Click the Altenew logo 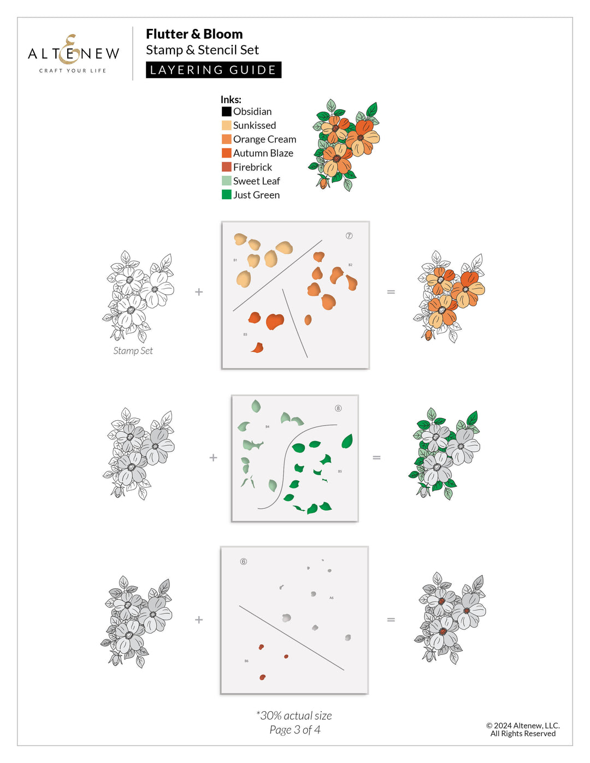(x=73, y=53)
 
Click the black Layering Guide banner (x=214, y=70)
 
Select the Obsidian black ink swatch (x=226, y=111)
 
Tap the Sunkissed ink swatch (x=226, y=126)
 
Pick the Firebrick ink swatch (x=226, y=167)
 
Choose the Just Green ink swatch (x=226, y=195)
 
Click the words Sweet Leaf (x=256, y=181)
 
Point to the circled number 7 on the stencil (x=349, y=236)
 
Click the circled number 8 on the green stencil (x=338, y=408)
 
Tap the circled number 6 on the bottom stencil (x=244, y=562)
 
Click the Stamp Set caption (x=133, y=351)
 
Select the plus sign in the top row (x=199, y=292)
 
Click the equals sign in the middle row (x=376, y=457)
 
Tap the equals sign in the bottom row (x=391, y=619)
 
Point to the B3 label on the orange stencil (x=245, y=335)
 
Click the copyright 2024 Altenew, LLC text (x=523, y=726)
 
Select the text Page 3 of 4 (x=295, y=730)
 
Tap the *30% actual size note (x=294, y=716)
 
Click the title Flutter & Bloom (x=194, y=34)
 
